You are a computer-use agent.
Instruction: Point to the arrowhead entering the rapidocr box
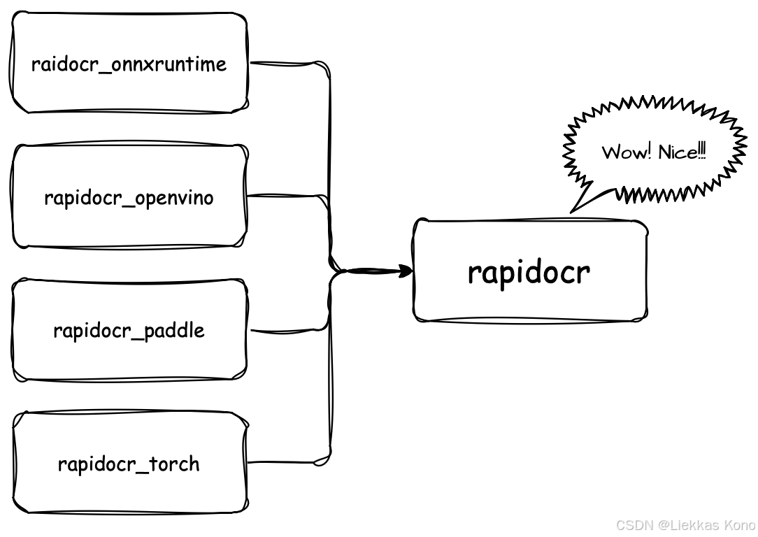coord(406,271)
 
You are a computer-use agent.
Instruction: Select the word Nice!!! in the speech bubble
coord(682,152)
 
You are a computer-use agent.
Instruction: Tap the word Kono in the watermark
coord(740,524)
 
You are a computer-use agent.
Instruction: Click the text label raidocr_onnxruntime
coord(129,64)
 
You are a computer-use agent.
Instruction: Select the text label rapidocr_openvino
coord(129,198)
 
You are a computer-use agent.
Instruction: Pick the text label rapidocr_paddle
coord(129,330)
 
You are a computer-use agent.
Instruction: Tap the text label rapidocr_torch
coord(129,464)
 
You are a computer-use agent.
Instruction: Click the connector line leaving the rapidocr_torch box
coord(287,461)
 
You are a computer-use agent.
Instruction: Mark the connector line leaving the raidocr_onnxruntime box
coord(287,64)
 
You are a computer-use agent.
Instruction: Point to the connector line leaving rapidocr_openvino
coord(287,196)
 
